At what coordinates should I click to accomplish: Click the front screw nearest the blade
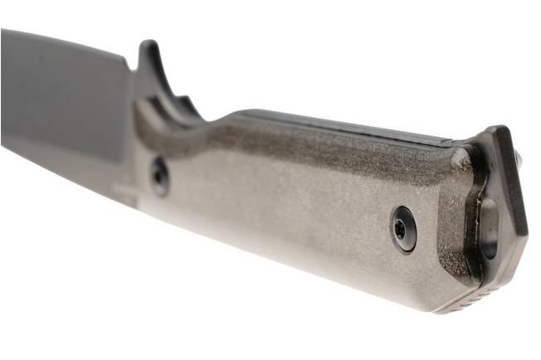click(x=158, y=175)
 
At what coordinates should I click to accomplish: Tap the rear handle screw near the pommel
click(x=403, y=227)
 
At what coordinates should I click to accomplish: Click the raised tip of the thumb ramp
click(x=150, y=46)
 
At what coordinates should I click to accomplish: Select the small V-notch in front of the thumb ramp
click(x=130, y=63)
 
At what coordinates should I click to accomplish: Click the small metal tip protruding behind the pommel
click(x=519, y=158)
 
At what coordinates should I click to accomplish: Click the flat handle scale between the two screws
click(x=282, y=199)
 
